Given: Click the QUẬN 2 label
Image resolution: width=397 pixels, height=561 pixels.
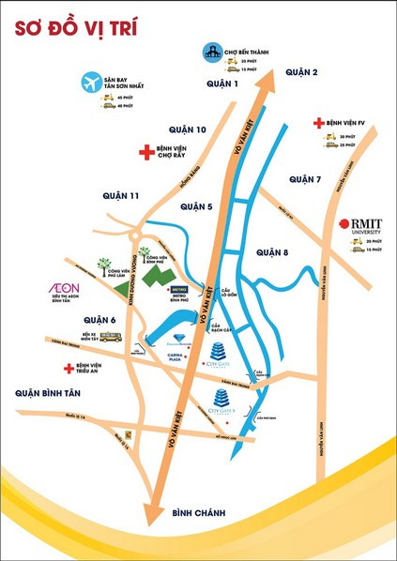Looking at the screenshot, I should [x=303, y=72].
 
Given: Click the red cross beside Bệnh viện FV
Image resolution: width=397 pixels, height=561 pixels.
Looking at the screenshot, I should [x=318, y=123].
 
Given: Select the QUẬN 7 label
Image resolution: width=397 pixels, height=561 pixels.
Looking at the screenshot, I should [x=305, y=179].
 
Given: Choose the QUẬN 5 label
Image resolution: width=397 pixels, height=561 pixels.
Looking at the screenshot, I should [x=197, y=206].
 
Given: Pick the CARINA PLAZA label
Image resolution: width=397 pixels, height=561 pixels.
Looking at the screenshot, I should [x=172, y=359].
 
